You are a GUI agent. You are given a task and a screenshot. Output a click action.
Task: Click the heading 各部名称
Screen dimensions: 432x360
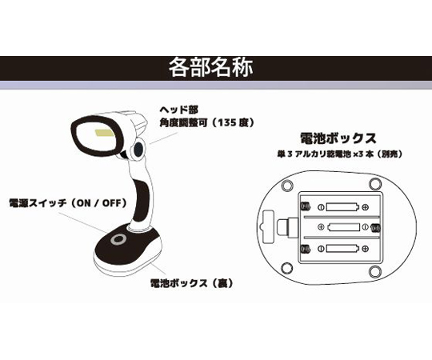coord(210,68)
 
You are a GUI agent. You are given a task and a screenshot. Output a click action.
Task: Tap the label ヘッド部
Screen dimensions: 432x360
coord(179,110)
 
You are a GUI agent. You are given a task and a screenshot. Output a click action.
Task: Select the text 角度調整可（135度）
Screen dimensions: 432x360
coord(207,122)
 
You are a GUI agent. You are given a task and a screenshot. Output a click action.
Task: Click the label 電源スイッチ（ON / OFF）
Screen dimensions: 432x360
coord(68,203)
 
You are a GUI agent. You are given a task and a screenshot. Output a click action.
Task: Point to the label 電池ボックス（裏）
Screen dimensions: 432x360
coord(192,283)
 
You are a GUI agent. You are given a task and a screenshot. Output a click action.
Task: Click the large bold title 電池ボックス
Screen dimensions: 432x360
coord(338,138)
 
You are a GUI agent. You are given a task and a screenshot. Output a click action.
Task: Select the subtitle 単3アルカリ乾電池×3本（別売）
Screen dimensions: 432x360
coord(339,154)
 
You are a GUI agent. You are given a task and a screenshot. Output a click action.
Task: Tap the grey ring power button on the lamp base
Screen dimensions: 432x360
coord(118,240)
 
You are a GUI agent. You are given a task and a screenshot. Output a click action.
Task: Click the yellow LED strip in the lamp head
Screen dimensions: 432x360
coord(104,134)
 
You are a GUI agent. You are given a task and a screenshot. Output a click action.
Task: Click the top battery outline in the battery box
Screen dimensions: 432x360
coord(342,207)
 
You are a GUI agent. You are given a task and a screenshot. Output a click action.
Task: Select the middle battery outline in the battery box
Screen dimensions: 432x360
coord(344,227)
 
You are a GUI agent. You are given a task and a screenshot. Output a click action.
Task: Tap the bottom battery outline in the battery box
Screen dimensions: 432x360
coord(342,249)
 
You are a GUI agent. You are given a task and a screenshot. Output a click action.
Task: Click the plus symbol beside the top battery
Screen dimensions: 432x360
coord(366,207)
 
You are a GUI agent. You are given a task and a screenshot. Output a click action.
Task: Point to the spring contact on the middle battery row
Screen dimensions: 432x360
coord(376,227)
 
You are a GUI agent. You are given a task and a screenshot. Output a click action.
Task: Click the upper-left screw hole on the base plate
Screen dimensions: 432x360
coord(287,185)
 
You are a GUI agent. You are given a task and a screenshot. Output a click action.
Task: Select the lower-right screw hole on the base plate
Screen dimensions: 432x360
coord(374,271)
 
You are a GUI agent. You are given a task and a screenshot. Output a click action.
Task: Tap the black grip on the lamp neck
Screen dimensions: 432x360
coord(142,200)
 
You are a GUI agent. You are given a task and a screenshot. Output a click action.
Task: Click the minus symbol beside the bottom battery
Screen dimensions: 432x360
coord(321,249)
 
